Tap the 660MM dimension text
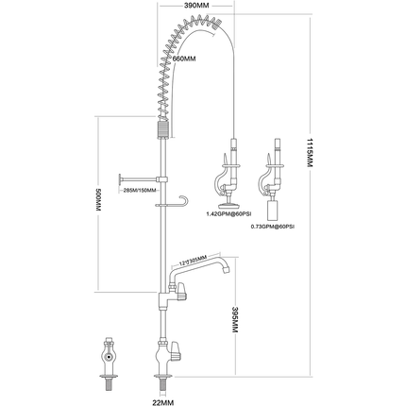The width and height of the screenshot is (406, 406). (x=183, y=59)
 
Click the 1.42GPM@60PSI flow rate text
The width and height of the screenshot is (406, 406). (x=228, y=215)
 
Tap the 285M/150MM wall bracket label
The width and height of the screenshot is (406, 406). (x=139, y=192)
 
